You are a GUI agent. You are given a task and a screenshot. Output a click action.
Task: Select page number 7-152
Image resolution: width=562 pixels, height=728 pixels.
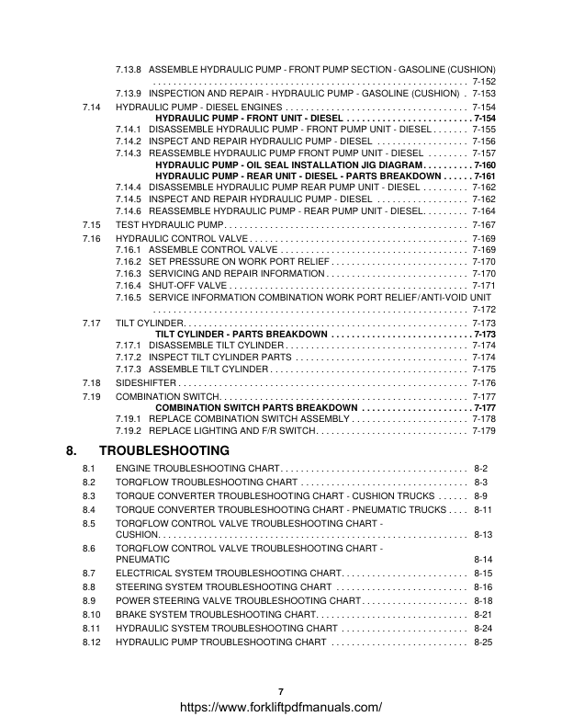tap(484, 82)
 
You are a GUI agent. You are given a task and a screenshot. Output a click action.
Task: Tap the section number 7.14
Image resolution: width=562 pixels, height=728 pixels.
tap(91, 107)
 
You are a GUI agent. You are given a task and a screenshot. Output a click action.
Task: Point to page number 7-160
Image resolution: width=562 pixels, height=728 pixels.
tap(484, 164)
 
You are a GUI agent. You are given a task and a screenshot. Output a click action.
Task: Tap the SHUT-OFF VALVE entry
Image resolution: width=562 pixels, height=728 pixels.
tap(188, 285)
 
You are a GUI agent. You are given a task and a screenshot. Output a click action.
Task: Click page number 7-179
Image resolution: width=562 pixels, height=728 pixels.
tap(484, 430)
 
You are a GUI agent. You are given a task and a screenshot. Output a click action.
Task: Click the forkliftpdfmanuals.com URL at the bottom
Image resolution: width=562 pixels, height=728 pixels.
tap(281, 708)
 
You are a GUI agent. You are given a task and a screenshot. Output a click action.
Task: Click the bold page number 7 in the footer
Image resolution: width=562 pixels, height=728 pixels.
tap(281, 691)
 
